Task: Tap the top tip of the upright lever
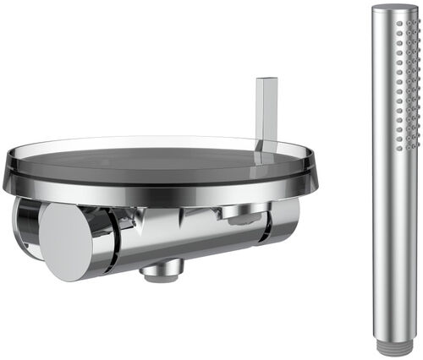pos(266,79)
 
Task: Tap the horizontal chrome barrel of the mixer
pos(186,237)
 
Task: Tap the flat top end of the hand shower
pos(395,8)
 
